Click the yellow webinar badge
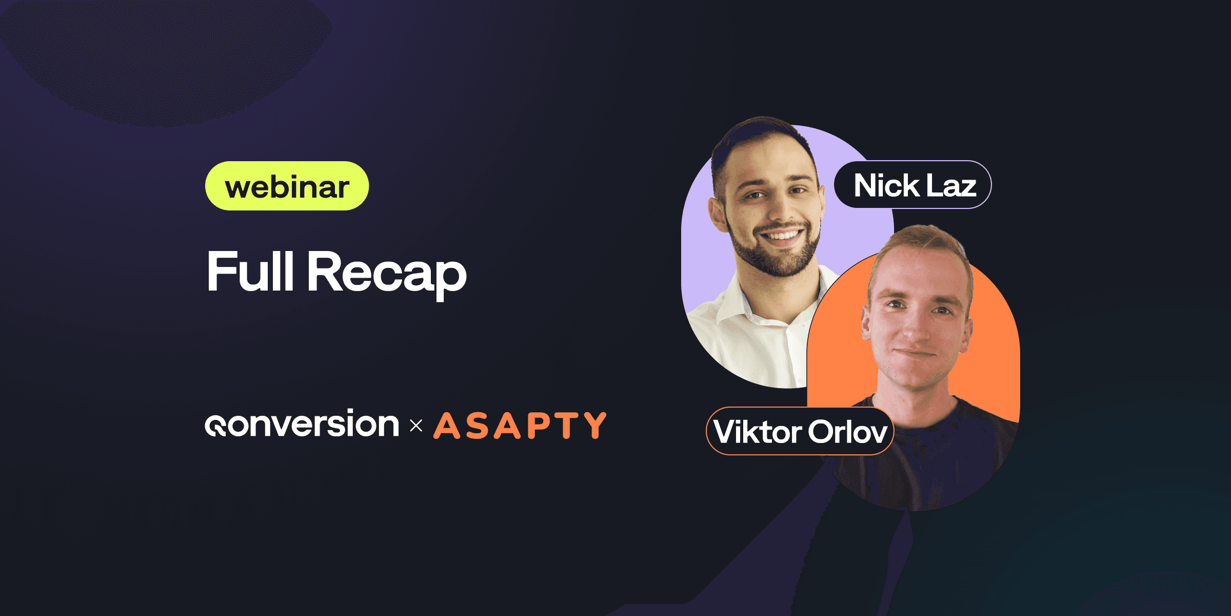tap(287, 186)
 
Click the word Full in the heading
tap(250, 272)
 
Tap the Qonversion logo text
tap(302, 424)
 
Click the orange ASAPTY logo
tap(520, 426)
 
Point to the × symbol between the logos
tap(416, 426)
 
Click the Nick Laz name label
tap(913, 185)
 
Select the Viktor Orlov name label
tap(800, 431)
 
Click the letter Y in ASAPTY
tap(594, 426)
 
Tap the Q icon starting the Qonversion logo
tap(215, 426)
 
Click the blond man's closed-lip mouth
tap(916, 353)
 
